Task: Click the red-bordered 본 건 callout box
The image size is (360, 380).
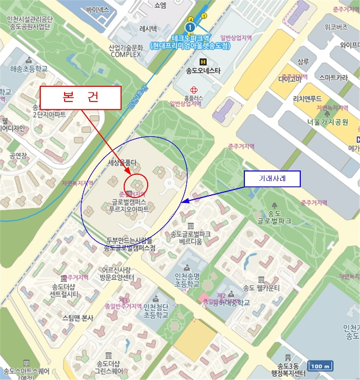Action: (x=80, y=98)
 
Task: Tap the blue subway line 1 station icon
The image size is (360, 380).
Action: (x=190, y=26)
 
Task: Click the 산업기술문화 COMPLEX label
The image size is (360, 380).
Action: (x=125, y=51)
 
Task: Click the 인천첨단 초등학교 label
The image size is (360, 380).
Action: (x=156, y=311)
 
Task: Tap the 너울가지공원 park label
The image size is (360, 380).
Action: (x=327, y=122)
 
